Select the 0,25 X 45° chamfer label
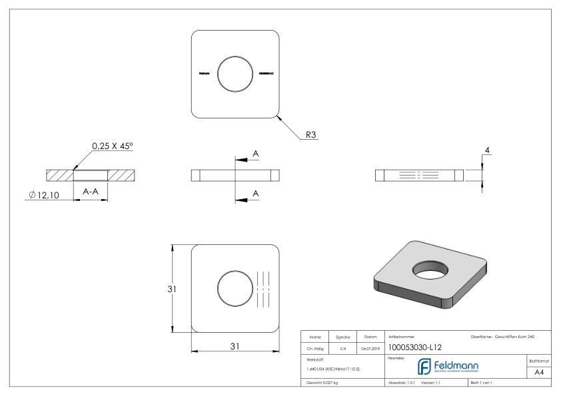115,146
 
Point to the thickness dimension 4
488,152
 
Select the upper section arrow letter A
256,154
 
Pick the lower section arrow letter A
256,194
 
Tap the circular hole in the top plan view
235,73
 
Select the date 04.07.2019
370,347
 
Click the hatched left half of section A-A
59,176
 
